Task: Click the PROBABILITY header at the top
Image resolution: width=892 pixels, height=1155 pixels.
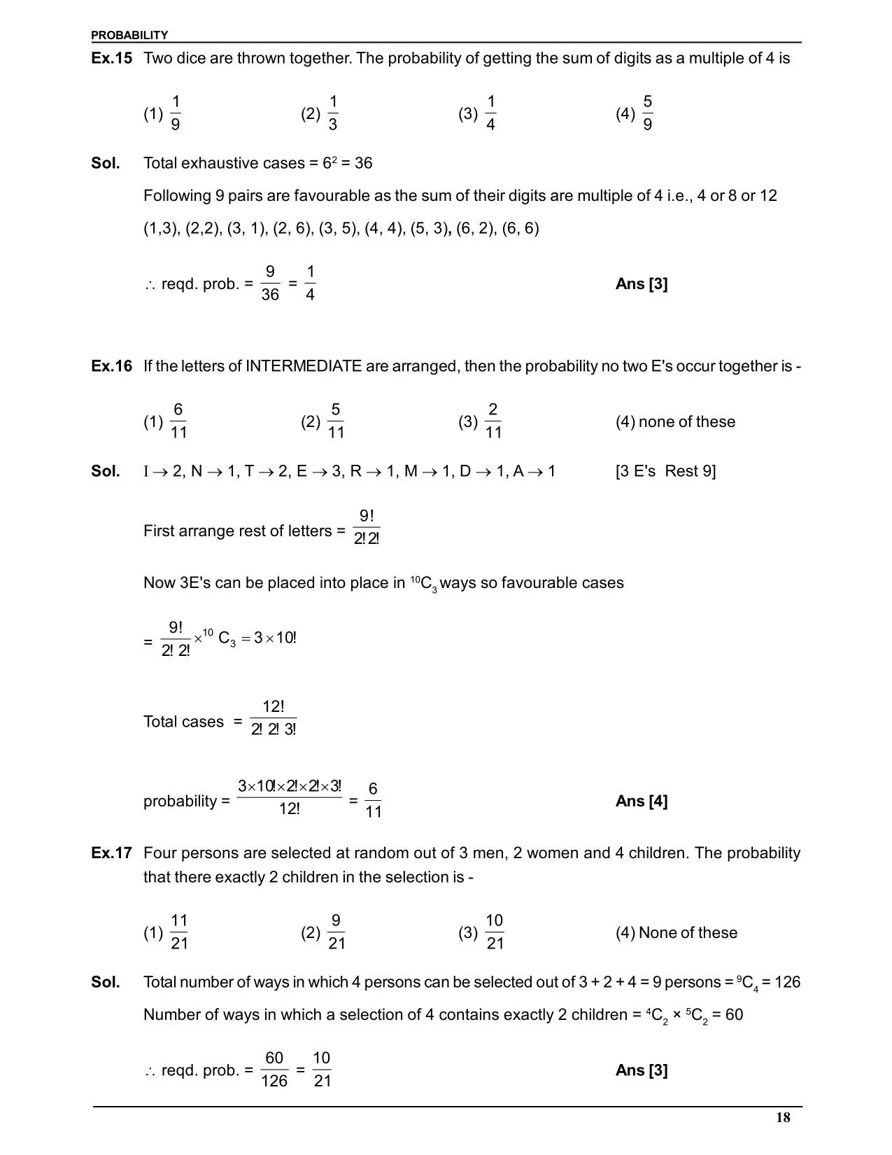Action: click(x=129, y=35)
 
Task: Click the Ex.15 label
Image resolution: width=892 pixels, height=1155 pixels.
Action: click(x=111, y=58)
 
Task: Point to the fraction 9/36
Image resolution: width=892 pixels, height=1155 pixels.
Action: click(x=270, y=283)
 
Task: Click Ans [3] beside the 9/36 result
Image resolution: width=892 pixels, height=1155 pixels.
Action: click(x=642, y=283)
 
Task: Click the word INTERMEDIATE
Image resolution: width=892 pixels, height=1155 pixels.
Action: click(x=303, y=366)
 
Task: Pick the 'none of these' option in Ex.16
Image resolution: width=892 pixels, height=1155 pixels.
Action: click(x=675, y=421)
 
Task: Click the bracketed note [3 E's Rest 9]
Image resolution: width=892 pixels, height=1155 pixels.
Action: click(x=665, y=471)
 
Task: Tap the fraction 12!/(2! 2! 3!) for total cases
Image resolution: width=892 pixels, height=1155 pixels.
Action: click(x=274, y=718)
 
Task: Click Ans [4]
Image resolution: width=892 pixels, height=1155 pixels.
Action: click(x=642, y=801)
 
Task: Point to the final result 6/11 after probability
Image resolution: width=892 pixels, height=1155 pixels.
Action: click(x=374, y=801)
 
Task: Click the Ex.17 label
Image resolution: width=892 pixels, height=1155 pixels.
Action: click(x=111, y=853)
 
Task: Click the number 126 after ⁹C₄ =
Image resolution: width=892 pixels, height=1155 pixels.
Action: click(x=788, y=982)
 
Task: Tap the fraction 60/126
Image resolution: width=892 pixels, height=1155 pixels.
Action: click(x=274, y=1070)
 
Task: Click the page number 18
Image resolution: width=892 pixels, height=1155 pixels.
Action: click(x=783, y=1117)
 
